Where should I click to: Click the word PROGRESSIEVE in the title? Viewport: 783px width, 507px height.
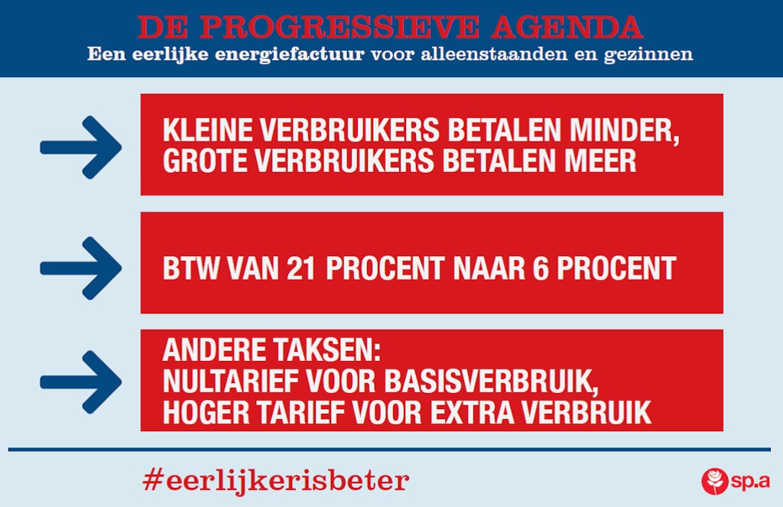click(x=340, y=27)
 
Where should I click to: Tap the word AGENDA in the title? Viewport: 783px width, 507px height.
click(x=567, y=27)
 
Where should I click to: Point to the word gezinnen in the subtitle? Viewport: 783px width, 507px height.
click(x=648, y=55)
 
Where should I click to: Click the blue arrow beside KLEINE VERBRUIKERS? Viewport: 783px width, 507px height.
click(x=81, y=148)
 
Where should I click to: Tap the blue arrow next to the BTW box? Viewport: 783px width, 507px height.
click(x=81, y=268)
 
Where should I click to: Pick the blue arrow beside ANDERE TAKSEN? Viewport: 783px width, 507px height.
click(x=81, y=382)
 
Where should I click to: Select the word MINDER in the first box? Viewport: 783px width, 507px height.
click(x=624, y=131)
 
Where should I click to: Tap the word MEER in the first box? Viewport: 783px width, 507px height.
click(x=600, y=161)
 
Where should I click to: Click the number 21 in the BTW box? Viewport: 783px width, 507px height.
click(x=301, y=268)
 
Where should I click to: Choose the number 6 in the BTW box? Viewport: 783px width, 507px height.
click(x=541, y=268)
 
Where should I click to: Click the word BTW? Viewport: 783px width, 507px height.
click(x=190, y=268)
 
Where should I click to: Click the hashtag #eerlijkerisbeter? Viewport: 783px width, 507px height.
click(x=276, y=480)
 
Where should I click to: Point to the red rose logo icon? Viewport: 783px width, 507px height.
click(x=715, y=481)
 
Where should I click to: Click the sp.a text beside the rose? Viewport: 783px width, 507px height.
click(x=751, y=482)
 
